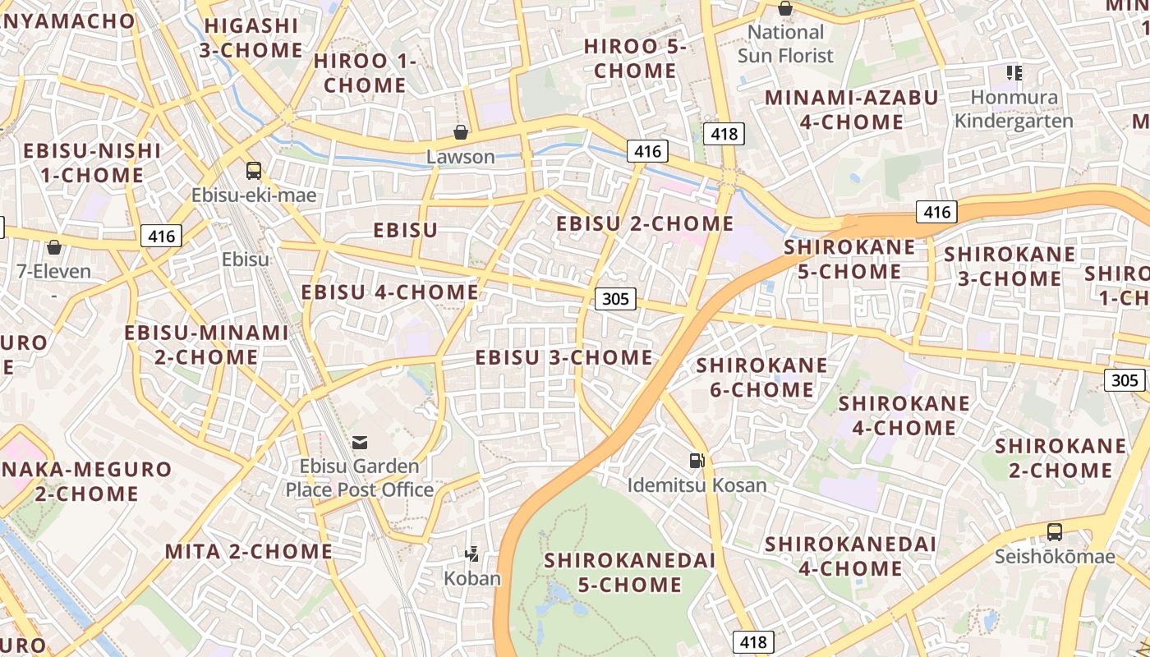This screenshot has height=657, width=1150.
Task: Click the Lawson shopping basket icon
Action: pos(461,132)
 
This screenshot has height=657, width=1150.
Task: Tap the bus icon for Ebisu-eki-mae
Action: pos(254,171)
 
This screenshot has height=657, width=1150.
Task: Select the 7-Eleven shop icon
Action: pos(54,246)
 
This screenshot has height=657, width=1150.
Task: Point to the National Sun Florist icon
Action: pos(785,9)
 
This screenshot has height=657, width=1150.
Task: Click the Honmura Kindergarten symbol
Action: pos(1014,73)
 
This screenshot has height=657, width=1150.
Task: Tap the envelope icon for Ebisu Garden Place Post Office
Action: pos(360,443)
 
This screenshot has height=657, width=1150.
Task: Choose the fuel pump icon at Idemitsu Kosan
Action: pos(697,461)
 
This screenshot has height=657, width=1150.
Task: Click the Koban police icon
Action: pos(472,554)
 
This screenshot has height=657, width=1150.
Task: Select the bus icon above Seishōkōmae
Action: pos(1055,532)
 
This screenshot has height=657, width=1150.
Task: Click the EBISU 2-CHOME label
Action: pos(645,223)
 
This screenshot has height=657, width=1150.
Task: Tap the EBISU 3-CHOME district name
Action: pos(563,357)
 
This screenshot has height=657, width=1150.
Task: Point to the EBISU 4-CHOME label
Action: pos(389,292)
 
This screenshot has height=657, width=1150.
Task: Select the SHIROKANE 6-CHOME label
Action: pos(761,377)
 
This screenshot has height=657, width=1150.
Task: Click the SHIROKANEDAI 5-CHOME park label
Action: pos(629,572)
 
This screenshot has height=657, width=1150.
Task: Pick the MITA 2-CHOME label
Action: pos(249,551)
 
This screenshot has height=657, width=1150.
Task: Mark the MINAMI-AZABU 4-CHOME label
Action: pos(851,109)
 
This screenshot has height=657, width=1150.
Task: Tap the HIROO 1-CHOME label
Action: pos(365,73)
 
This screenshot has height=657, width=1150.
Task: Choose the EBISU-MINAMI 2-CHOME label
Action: pos(206,345)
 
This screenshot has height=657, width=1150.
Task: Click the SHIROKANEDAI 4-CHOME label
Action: pos(850,556)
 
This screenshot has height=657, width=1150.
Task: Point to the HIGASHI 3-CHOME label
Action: pos(251,38)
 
